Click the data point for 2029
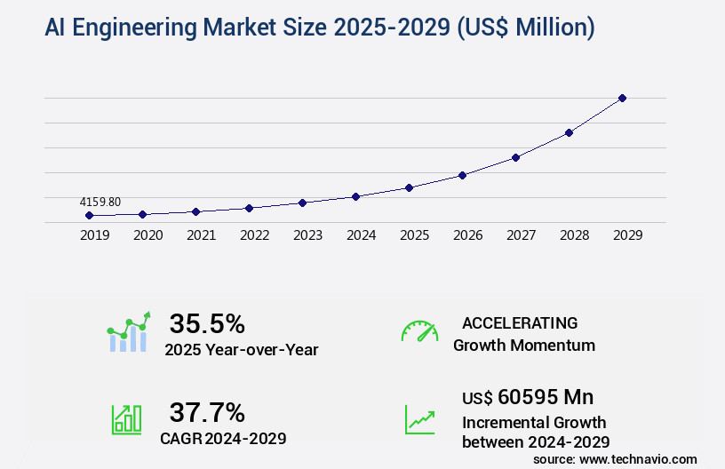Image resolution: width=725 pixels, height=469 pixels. click(x=622, y=98)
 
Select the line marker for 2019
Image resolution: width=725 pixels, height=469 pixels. click(x=89, y=215)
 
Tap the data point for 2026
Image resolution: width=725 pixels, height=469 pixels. click(x=462, y=175)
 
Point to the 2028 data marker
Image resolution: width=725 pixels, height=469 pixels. click(x=569, y=132)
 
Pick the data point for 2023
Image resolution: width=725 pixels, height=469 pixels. click(x=302, y=203)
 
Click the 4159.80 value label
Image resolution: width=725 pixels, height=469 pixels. click(x=100, y=202)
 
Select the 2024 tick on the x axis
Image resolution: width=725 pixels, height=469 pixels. click(x=361, y=235)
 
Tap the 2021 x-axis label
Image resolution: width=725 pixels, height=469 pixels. click(x=201, y=235)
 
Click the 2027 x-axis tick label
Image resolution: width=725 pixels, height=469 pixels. click(x=521, y=235)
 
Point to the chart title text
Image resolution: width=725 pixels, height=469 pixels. click(x=319, y=28)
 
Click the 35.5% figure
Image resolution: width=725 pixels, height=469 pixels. click(x=207, y=323)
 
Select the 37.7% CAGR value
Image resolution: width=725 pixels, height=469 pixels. click(x=207, y=412)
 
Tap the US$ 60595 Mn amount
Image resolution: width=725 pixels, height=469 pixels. click(x=528, y=396)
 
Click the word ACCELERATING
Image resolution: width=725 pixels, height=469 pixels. click(x=520, y=322)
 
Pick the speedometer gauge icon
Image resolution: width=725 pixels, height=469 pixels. click(x=419, y=331)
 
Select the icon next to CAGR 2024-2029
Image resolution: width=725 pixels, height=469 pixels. click(x=126, y=419)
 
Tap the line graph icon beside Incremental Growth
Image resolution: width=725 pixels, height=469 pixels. click(x=419, y=419)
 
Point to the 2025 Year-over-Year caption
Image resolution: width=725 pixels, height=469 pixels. click(x=241, y=350)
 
